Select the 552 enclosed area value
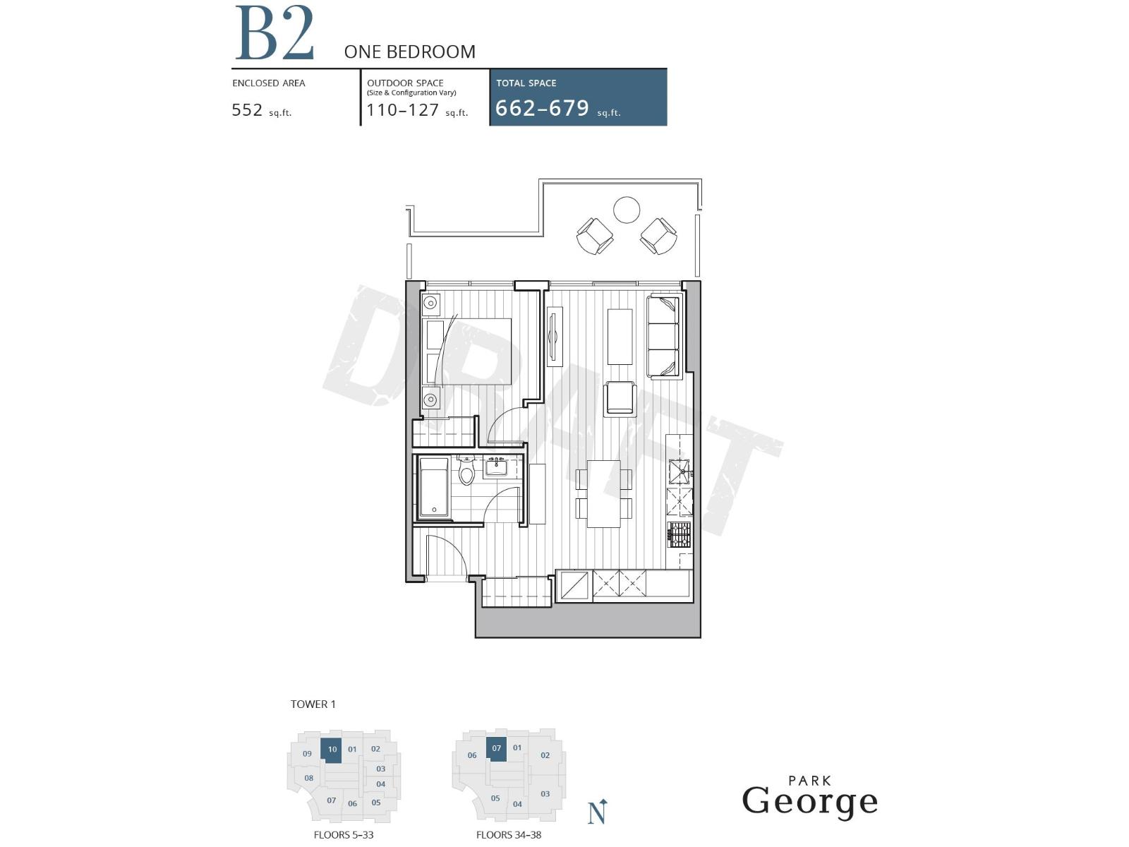(x=248, y=110)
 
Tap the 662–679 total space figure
(x=542, y=108)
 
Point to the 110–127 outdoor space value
(x=402, y=110)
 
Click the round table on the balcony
(x=627, y=210)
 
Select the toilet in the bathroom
(x=466, y=471)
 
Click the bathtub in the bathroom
(x=434, y=487)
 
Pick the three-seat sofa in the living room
(x=663, y=337)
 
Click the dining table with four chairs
(x=604, y=493)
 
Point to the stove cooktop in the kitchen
(x=680, y=535)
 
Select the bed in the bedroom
(x=467, y=352)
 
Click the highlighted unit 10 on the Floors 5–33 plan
(x=332, y=750)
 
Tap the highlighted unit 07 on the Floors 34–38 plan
(x=497, y=749)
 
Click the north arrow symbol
(x=598, y=812)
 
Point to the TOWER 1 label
(x=313, y=704)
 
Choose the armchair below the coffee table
(x=620, y=398)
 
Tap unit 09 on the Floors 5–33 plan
(x=307, y=754)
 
